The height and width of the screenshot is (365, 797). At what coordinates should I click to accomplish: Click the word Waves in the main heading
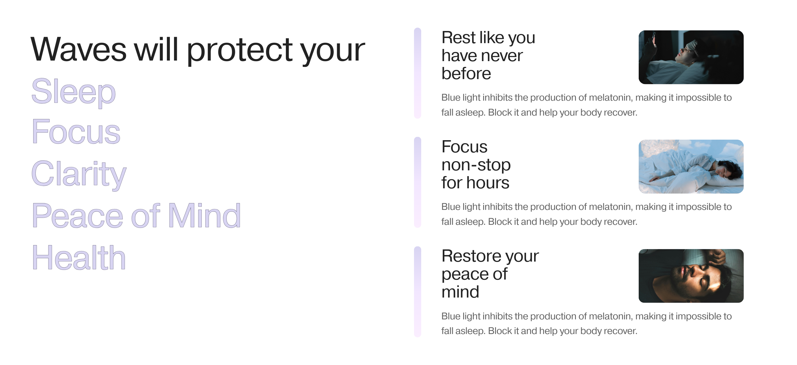79,49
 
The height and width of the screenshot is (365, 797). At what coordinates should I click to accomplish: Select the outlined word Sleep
74,92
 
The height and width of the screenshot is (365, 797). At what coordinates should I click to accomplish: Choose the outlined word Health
79,257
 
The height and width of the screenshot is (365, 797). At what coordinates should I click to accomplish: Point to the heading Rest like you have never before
488,55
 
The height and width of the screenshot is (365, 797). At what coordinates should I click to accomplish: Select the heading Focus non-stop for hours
476,165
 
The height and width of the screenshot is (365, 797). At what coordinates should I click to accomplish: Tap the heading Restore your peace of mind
490,274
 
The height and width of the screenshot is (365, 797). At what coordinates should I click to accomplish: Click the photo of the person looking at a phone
691,57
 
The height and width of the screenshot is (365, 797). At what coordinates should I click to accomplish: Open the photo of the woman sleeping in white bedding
691,166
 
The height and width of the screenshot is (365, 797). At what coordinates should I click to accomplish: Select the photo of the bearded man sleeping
691,276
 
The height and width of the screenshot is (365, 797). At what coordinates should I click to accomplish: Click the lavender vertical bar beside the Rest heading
417,73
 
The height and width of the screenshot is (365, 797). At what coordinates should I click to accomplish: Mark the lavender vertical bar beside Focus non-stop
417,182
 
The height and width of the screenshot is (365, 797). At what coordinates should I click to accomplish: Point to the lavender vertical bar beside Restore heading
417,292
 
